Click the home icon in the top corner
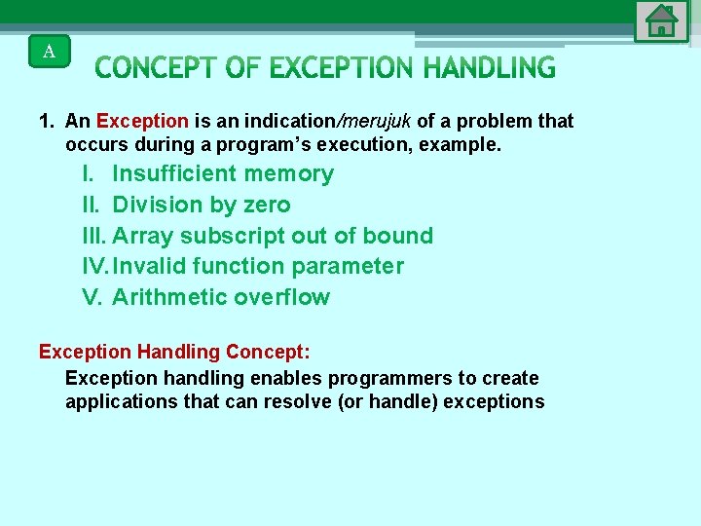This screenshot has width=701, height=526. point(661,20)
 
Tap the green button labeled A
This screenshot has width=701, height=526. point(50,51)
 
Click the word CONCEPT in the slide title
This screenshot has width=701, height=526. point(156,68)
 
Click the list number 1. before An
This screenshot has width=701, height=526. point(46,121)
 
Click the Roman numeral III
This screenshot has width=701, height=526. point(94,236)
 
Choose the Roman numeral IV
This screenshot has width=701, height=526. point(95,266)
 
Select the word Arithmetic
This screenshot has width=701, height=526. point(169,297)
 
